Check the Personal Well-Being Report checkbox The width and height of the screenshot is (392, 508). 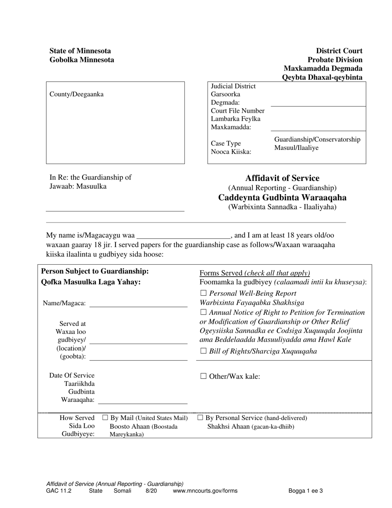point(203,294)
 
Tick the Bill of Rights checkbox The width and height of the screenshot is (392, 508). point(203,351)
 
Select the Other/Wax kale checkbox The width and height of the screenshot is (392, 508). point(203,376)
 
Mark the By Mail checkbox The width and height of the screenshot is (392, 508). point(105,418)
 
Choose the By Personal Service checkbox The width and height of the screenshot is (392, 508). point(200,418)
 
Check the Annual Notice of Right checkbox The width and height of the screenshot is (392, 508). point(203,313)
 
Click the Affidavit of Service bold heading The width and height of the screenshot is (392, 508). point(282,178)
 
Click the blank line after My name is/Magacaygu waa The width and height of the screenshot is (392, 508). point(183,236)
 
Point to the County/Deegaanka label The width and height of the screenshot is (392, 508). point(77,94)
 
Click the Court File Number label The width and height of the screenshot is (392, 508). point(238,111)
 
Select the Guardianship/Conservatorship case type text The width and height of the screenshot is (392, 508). point(317,140)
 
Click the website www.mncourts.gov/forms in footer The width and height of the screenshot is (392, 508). point(205,491)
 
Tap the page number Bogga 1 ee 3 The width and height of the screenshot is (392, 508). point(305,491)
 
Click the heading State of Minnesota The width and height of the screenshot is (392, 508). point(80,51)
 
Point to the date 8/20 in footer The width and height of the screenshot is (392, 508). point(151,491)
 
